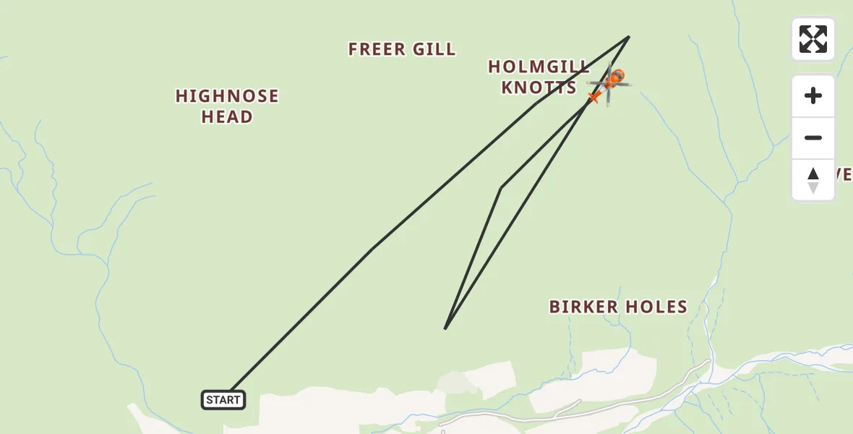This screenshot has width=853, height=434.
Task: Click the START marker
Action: (223, 400)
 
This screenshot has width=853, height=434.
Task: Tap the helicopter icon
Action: (610, 85)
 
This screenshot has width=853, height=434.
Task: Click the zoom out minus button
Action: (813, 138)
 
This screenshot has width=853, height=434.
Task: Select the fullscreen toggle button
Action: (813, 39)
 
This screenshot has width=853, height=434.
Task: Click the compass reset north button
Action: (813, 180)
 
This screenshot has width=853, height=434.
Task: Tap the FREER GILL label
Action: (402, 49)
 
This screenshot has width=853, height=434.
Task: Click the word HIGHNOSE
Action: (227, 96)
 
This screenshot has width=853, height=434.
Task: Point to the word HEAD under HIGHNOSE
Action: (227, 117)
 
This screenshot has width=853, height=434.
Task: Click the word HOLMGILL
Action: (539, 67)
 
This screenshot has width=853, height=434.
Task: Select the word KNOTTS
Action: (539, 88)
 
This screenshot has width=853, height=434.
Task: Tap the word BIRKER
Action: (583, 307)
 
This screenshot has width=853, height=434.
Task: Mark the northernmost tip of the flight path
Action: (629, 37)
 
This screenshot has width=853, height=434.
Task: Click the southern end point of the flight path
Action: (445, 328)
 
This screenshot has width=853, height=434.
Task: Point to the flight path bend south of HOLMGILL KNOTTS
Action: (500, 188)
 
